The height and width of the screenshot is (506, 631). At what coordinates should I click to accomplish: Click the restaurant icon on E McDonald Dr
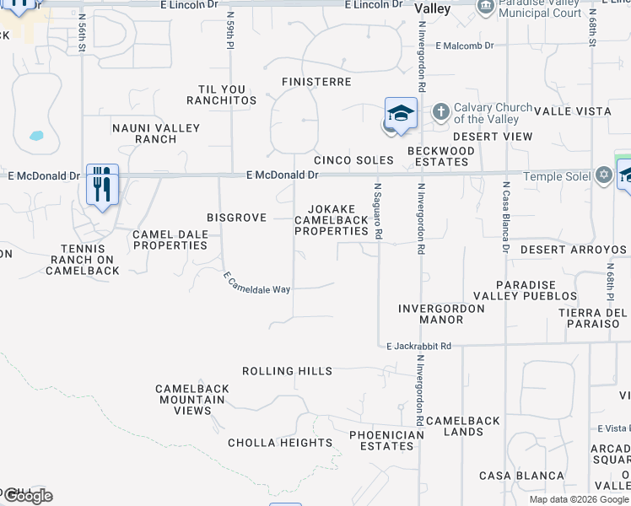pyautogui.click(x=102, y=183)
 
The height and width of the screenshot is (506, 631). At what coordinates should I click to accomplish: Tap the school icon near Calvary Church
pyautogui.click(x=401, y=114)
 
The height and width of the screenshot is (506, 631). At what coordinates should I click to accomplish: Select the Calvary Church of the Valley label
pyautogui.click(x=493, y=113)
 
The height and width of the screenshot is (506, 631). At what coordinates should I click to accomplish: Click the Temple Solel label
pyautogui.click(x=558, y=175)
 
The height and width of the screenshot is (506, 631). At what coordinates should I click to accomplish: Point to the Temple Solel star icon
pyautogui.click(x=603, y=175)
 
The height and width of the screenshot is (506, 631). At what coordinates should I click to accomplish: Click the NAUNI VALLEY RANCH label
pyautogui.click(x=156, y=133)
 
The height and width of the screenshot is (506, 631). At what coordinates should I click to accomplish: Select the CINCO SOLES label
pyautogui.click(x=353, y=160)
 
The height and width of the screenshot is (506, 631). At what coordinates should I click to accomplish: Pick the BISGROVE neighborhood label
pyautogui.click(x=237, y=218)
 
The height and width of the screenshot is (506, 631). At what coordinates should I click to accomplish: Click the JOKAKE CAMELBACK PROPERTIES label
pyautogui.click(x=332, y=220)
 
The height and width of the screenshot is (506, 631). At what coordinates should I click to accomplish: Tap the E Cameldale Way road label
pyautogui.click(x=256, y=283)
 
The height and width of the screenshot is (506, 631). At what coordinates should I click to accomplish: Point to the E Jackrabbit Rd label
pyautogui.click(x=418, y=346)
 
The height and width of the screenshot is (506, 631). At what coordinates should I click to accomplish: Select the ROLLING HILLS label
pyautogui.click(x=287, y=371)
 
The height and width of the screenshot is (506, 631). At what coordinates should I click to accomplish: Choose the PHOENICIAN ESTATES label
pyautogui.click(x=387, y=440)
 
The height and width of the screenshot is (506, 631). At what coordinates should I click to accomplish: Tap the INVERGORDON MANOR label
pyautogui.click(x=441, y=315)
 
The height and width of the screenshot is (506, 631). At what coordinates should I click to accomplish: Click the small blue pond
pyautogui.click(x=36, y=135)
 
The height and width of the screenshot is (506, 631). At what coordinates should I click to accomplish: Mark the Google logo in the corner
pyautogui.click(x=27, y=496)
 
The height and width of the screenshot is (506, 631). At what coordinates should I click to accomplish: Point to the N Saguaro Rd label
pyautogui.click(x=378, y=210)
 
